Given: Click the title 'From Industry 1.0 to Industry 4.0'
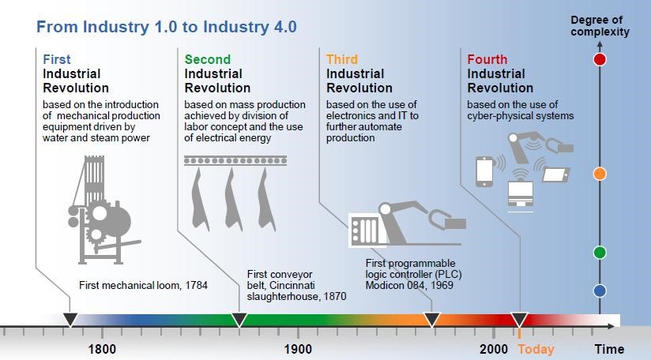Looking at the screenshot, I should coord(167,27).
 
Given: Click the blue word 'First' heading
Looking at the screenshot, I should coord(57,60).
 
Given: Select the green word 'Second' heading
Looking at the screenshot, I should coord(207,60).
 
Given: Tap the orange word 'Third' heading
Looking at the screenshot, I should coord(341,60).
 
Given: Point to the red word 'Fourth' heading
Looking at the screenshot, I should coord(487,60).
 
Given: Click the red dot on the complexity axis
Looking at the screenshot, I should coord(600,59).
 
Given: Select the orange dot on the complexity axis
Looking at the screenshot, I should coord(600,174).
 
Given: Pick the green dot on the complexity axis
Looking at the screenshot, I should coord(600,253).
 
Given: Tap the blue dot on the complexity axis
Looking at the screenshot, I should coord(600,291).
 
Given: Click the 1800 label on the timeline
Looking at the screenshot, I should coord(102,349).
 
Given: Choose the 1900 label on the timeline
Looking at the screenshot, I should coord(298,349).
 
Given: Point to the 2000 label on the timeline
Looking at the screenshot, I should coord(493,349).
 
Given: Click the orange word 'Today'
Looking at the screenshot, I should coord(536,349).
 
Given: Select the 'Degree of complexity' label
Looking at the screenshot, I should coord(600,26).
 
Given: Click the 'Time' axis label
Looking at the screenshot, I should coord(608,349).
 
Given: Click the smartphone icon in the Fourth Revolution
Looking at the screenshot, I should coord(484,172).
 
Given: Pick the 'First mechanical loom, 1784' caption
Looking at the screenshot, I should coord(143,285).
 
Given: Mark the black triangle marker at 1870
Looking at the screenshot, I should coord(239,320).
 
